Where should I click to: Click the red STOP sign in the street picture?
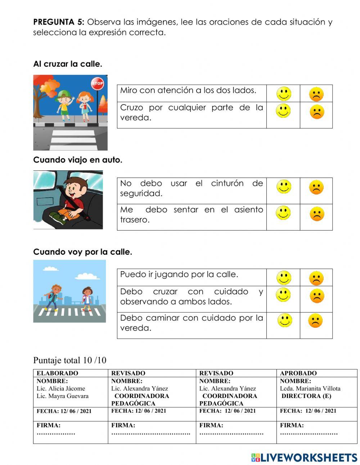coord(97,83)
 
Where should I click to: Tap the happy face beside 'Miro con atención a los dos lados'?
coord(283,94)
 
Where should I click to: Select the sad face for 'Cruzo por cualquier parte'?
coord(316,112)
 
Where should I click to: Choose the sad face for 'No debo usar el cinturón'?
coord(316,188)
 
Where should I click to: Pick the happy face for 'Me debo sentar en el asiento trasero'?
coord(283,213)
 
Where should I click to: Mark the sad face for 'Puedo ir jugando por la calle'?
coord(316,278)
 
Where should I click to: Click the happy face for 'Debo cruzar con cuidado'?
coord(283,295)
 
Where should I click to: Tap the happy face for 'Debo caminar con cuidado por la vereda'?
coord(284,321)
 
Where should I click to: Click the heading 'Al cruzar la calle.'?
coord(68,64)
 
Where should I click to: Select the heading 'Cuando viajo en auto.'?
coord(78,160)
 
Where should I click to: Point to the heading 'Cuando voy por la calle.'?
coord(82,252)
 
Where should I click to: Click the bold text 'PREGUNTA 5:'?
coord(59,22)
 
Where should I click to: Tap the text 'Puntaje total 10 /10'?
coord(70,360)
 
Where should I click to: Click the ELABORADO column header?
coord(57,373)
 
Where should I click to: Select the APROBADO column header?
coord(298,373)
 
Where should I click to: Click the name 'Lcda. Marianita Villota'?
coord(310,388)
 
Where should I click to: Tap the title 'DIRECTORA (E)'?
coord(306,396)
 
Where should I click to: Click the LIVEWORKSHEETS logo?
coord(304,457)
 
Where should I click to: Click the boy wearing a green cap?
coord(64,102)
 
